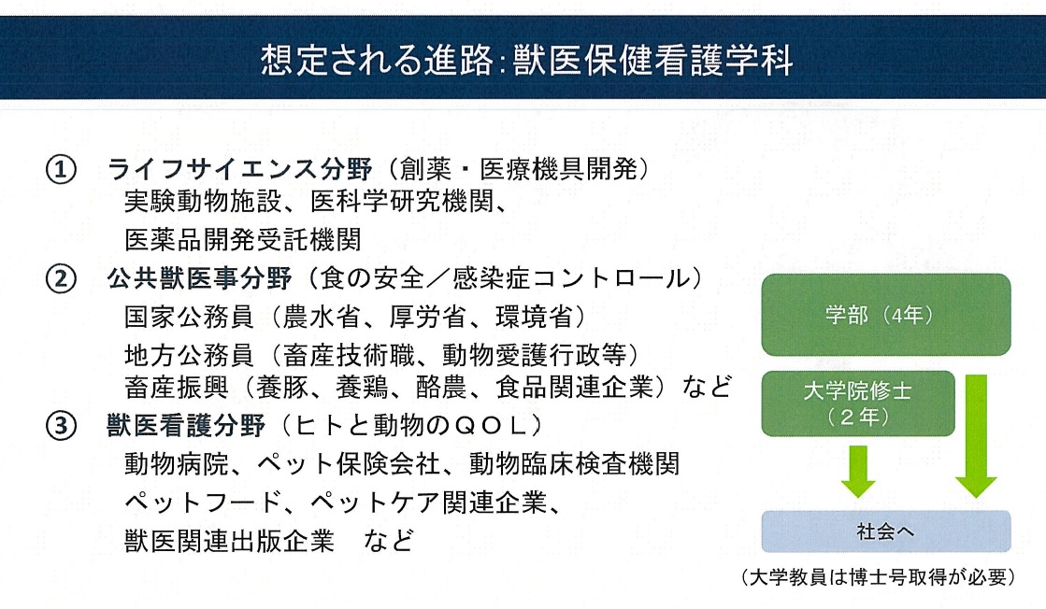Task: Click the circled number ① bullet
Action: (x=61, y=170)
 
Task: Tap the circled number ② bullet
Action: (x=61, y=278)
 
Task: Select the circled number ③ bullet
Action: (x=61, y=425)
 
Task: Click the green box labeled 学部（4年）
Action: (x=886, y=315)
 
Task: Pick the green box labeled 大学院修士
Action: (x=858, y=404)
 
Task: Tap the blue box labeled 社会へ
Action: (x=886, y=531)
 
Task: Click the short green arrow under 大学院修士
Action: (x=858, y=472)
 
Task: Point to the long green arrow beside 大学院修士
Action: (x=976, y=436)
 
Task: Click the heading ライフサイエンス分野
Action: (x=239, y=169)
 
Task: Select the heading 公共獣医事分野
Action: (x=199, y=278)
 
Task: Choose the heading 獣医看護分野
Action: (x=186, y=425)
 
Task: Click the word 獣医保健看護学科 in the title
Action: (x=653, y=60)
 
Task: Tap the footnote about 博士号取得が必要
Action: (x=879, y=577)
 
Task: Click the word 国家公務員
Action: (x=189, y=318)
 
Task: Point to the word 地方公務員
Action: (x=189, y=355)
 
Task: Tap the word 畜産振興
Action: (x=176, y=387)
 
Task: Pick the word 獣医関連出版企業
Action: (x=229, y=541)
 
